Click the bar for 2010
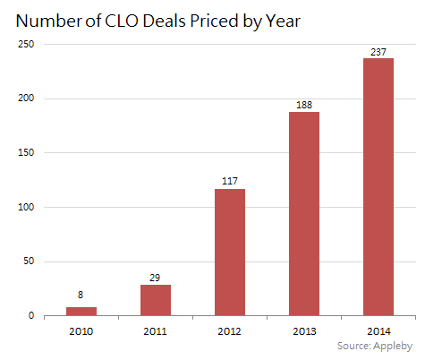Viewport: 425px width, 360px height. [x=81, y=311]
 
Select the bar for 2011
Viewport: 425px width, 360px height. [x=156, y=300]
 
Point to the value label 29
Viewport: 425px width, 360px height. [x=156, y=276]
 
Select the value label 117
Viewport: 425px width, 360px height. [x=230, y=180]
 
